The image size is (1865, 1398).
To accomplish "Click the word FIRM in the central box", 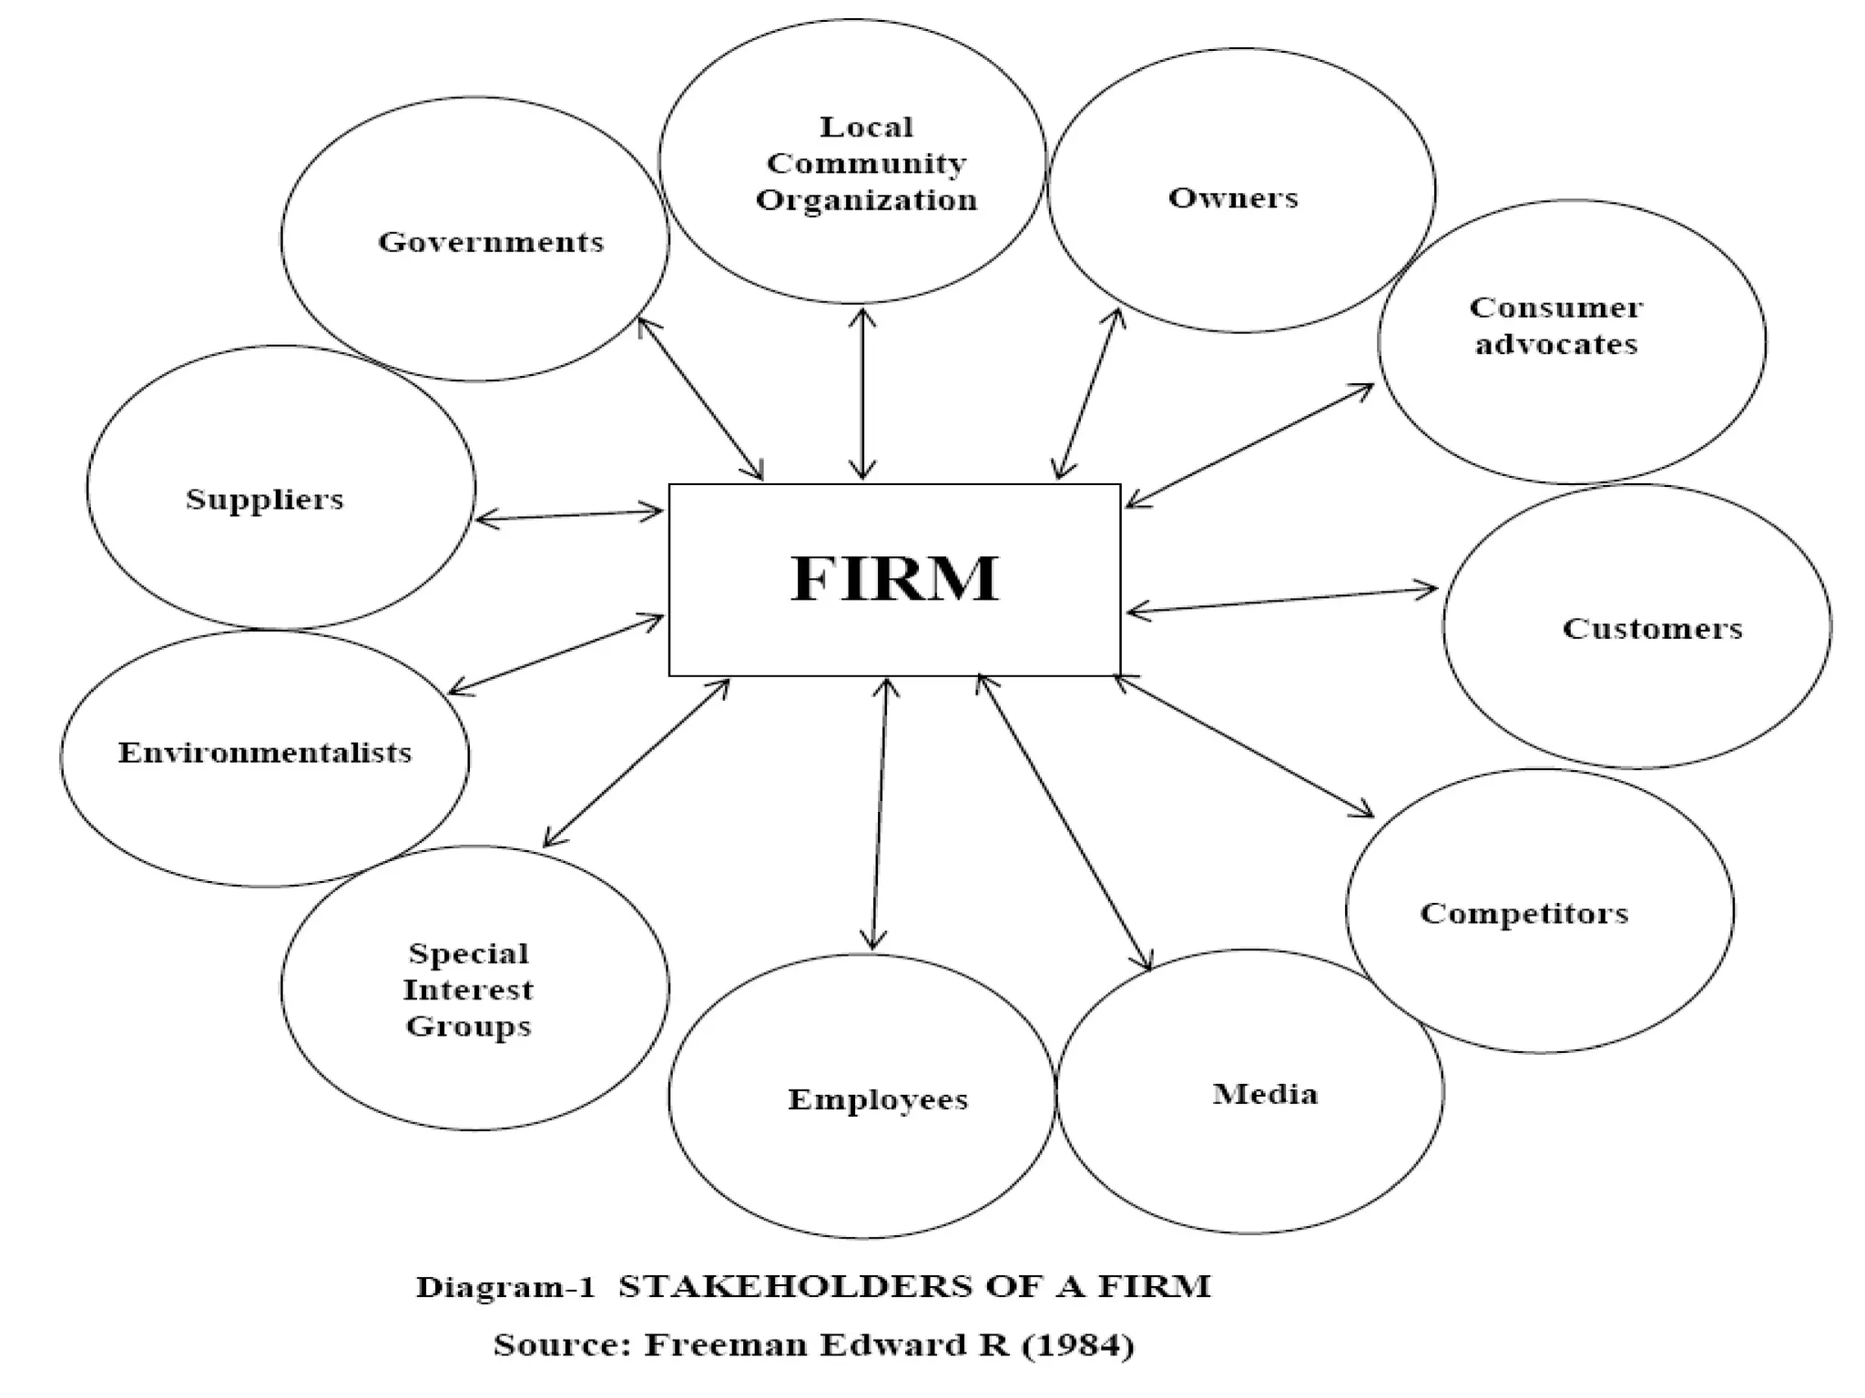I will point(894,579).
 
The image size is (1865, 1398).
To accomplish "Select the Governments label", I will point(491,242).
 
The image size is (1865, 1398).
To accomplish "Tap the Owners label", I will point(1233,198).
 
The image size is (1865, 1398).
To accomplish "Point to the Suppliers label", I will point(265,499).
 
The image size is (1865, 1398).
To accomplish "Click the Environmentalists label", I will point(265,753).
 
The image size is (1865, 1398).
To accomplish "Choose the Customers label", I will point(1652,628).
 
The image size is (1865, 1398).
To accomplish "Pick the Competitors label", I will point(1524,913).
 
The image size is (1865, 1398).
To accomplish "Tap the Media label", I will point(1265,1093).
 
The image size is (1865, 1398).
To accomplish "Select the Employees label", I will point(878,1099).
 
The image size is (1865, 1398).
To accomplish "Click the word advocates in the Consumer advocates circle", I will point(1556,344).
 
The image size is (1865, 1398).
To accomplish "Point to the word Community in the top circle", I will point(866,164).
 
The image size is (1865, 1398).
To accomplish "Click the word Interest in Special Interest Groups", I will point(468,989).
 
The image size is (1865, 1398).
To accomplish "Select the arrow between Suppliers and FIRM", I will point(569,515).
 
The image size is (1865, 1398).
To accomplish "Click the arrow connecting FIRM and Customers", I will point(1282,600).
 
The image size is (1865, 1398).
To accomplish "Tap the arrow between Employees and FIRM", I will point(880,815).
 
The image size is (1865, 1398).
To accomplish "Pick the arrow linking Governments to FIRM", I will point(700,399).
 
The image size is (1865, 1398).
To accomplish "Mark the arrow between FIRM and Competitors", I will point(1244,746).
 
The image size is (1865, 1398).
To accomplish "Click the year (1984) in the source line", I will point(1078,1345).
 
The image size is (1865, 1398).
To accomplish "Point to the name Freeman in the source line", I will point(728,1345).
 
